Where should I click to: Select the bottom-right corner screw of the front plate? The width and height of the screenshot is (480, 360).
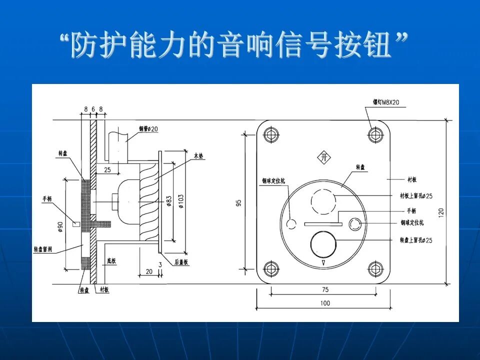(x=375, y=268)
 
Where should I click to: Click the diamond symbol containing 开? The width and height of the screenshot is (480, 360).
(x=324, y=157)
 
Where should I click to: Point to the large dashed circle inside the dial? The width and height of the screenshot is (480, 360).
(x=324, y=202)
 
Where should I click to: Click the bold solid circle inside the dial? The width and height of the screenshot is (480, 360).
(x=324, y=243)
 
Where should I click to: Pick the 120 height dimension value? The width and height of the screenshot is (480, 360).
(x=440, y=212)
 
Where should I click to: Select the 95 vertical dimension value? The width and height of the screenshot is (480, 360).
(x=239, y=202)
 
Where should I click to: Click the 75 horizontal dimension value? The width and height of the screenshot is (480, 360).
(x=325, y=289)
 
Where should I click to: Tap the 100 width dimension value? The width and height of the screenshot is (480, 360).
(x=325, y=303)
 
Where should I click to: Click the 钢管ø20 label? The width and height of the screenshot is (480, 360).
(x=148, y=129)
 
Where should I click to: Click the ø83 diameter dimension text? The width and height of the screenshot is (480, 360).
(x=169, y=201)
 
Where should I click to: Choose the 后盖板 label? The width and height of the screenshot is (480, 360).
(x=180, y=262)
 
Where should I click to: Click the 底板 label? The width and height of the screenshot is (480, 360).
(x=111, y=260)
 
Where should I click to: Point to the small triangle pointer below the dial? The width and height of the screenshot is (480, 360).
(x=324, y=262)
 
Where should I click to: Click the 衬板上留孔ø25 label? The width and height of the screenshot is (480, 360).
(x=416, y=195)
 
